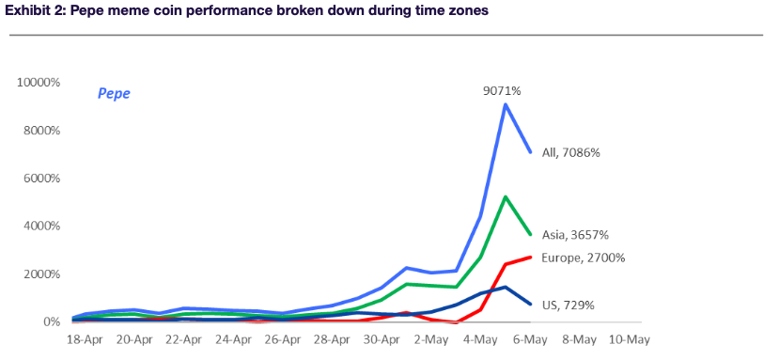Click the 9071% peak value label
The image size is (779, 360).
pyautogui.click(x=502, y=91)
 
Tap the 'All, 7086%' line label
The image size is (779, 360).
pyautogui.click(x=571, y=153)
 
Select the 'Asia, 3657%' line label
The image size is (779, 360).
pyautogui.click(x=575, y=235)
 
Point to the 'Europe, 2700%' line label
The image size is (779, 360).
pyautogui.click(x=584, y=258)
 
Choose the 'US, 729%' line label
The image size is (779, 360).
pyautogui.click(x=569, y=305)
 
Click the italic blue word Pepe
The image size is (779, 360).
pyautogui.click(x=114, y=94)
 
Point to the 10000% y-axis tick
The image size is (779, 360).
pyautogui.click(x=39, y=83)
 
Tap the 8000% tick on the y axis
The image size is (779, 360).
pyautogui.click(x=40, y=131)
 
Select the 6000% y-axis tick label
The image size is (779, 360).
pyautogui.click(x=40, y=179)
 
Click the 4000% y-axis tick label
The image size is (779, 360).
pyautogui.click(x=40, y=227)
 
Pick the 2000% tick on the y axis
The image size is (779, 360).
pyautogui.click(x=40, y=274)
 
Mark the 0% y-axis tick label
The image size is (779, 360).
pyautogui.click(x=51, y=322)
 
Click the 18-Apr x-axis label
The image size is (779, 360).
pyautogui.click(x=85, y=340)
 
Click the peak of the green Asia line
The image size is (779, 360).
pyautogui.click(x=506, y=196)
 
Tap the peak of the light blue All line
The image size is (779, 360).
pyautogui.click(x=506, y=104)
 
